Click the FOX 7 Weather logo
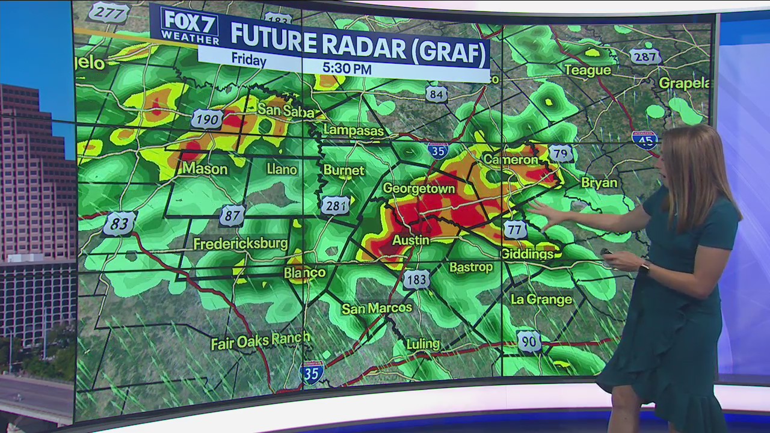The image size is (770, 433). click(x=189, y=27)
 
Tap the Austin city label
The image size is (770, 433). click(x=411, y=240)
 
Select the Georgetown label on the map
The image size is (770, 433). click(x=419, y=188)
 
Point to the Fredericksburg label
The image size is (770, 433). click(x=241, y=244)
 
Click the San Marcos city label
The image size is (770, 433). click(x=377, y=309)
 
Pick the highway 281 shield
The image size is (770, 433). click(x=335, y=205)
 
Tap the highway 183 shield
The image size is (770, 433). click(x=416, y=279)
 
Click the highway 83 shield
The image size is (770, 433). click(x=119, y=224)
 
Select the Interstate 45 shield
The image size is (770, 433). click(x=644, y=140)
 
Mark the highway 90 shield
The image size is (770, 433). click(x=529, y=342)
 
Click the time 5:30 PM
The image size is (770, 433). click(x=346, y=69)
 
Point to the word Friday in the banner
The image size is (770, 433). click(x=248, y=61)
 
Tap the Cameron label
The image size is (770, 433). click(x=511, y=160)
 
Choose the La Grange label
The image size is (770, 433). click(x=541, y=299)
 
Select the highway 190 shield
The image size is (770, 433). click(x=207, y=119)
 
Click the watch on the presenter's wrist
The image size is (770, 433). click(x=644, y=267)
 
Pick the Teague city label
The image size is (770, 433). click(x=587, y=70)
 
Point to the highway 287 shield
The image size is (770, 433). click(x=645, y=57)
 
